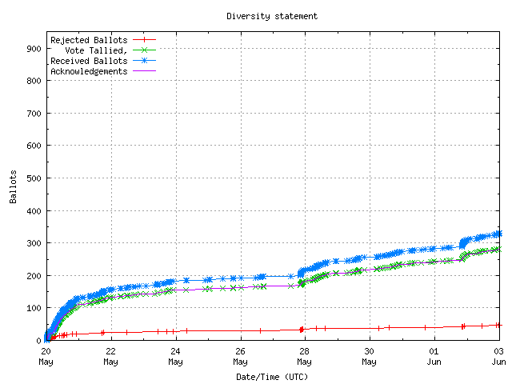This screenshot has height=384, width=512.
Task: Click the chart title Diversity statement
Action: [272, 15]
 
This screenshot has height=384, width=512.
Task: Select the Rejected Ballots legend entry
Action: [88, 39]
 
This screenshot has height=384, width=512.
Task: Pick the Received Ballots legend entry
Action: [88, 60]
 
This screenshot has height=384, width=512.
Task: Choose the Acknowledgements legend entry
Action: [88, 70]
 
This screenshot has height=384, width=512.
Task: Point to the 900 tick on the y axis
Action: [34, 48]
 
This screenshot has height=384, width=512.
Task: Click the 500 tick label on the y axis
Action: [34, 178]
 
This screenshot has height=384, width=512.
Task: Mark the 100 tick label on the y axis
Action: [34, 308]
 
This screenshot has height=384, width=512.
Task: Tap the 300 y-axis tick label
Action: [34, 242]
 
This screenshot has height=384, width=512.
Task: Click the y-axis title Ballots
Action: [14, 186]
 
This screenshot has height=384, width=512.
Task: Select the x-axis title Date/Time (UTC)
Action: [272, 376]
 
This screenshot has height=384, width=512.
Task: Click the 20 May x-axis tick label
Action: [46, 355]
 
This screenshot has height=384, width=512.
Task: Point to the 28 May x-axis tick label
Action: [304, 355]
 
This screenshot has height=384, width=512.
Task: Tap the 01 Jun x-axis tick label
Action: [434, 355]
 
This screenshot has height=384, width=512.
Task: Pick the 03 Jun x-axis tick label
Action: [498, 355]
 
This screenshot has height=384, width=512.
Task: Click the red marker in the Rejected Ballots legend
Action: [144, 39]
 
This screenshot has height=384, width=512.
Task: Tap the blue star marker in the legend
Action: [144, 60]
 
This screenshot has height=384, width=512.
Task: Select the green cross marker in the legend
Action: [144, 50]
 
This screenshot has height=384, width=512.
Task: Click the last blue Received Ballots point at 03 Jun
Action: [498, 234]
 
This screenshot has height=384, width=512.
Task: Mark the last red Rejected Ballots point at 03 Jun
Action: [498, 325]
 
